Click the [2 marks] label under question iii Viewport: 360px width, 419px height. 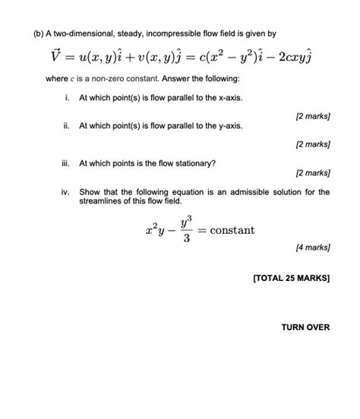tap(312, 172)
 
